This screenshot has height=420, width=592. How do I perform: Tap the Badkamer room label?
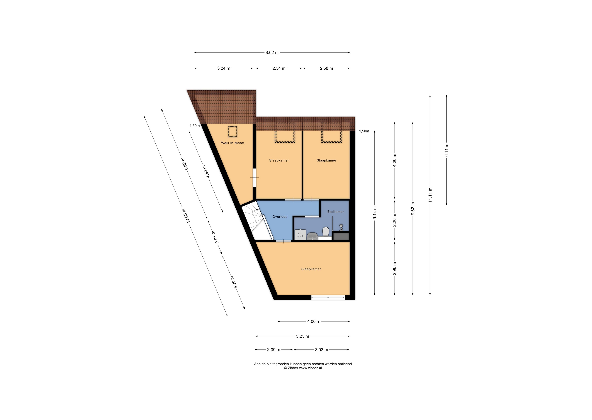(x=336, y=211)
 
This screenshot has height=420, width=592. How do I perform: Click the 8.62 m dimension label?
(x=272, y=52)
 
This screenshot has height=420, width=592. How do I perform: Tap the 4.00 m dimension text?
(x=314, y=321)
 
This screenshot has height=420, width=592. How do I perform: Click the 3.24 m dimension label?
(x=224, y=68)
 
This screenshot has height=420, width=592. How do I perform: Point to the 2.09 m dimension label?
(x=274, y=350)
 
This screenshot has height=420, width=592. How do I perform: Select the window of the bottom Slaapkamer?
(x=328, y=298)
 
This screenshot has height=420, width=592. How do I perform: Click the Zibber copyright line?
(x=303, y=368)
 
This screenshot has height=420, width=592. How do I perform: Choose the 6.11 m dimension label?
(x=446, y=150)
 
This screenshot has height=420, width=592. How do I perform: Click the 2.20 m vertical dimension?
(x=394, y=220)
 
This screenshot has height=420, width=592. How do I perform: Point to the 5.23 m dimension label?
(x=302, y=336)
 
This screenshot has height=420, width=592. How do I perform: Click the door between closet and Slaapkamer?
(x=254, y=177)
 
